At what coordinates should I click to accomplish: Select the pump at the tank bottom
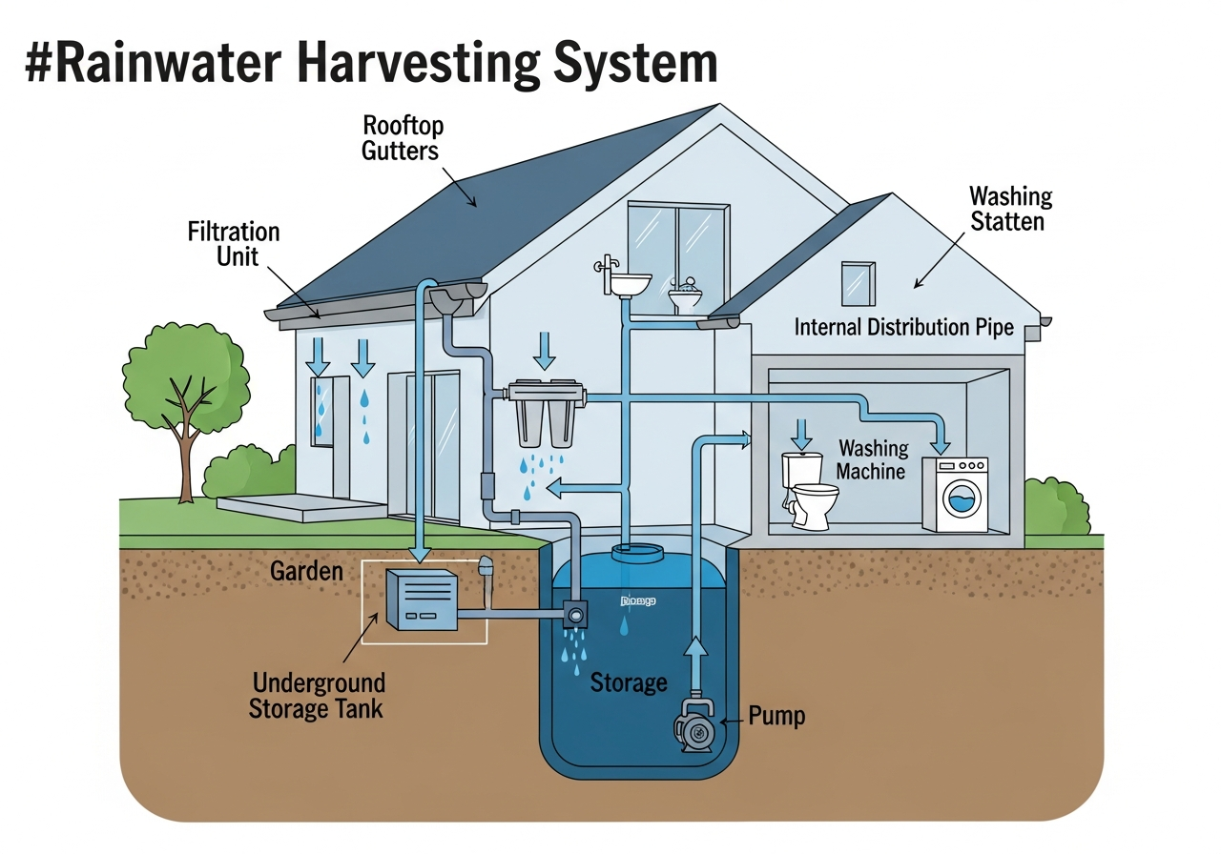[694, 725]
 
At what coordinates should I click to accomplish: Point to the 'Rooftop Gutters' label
[404, 138]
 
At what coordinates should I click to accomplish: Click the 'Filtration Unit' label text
[235, 243]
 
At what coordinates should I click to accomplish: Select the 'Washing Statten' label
[1009, 209]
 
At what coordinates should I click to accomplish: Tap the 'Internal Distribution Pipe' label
[903, 327]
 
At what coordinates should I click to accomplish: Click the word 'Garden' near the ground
[306, 571]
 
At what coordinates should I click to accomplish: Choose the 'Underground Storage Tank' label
[318, 695]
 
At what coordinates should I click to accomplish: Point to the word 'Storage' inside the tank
[628, 682]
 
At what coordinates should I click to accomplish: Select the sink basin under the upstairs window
[629, 283]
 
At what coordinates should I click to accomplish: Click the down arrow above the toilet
[802, 436]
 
